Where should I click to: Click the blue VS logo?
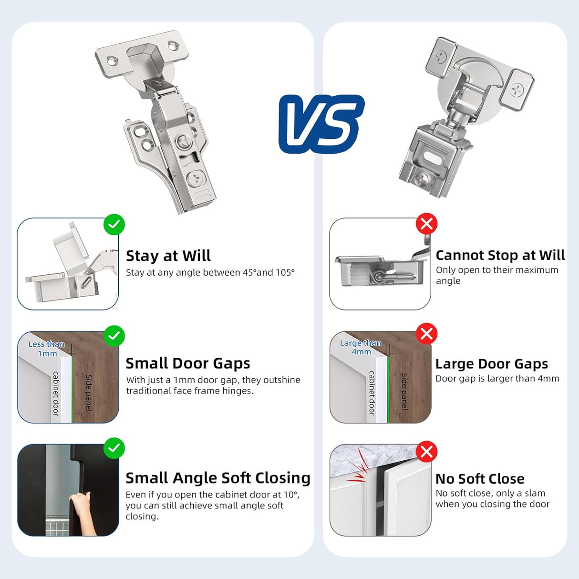click(x=321, y=124)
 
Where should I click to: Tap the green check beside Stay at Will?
click(x=114, y=224)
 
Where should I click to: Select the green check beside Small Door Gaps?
click(x=114, y=336)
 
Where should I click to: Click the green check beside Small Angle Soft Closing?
click(x=114, y=448)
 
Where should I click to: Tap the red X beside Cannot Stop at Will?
click(x=426, y=224)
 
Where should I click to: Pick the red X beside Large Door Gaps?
click(x=426, y=334)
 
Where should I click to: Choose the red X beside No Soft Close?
click(x=426, y=451)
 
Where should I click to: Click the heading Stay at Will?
click(x=168, y=256)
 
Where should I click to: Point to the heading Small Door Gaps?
click(x=187, y=363)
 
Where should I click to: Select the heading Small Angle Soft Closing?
click(x=217, y=478)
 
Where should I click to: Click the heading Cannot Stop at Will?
click(x=500, y=255)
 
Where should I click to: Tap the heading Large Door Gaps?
click(x=491, y=364)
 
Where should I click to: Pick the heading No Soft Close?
click(x=479, y=479)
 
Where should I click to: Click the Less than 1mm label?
click(x=47, y=349)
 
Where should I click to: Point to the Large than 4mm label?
click(x=361, y=347)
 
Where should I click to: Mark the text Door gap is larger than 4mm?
click(x=497, y=379)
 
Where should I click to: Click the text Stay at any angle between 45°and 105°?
click(x=210, y=272)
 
